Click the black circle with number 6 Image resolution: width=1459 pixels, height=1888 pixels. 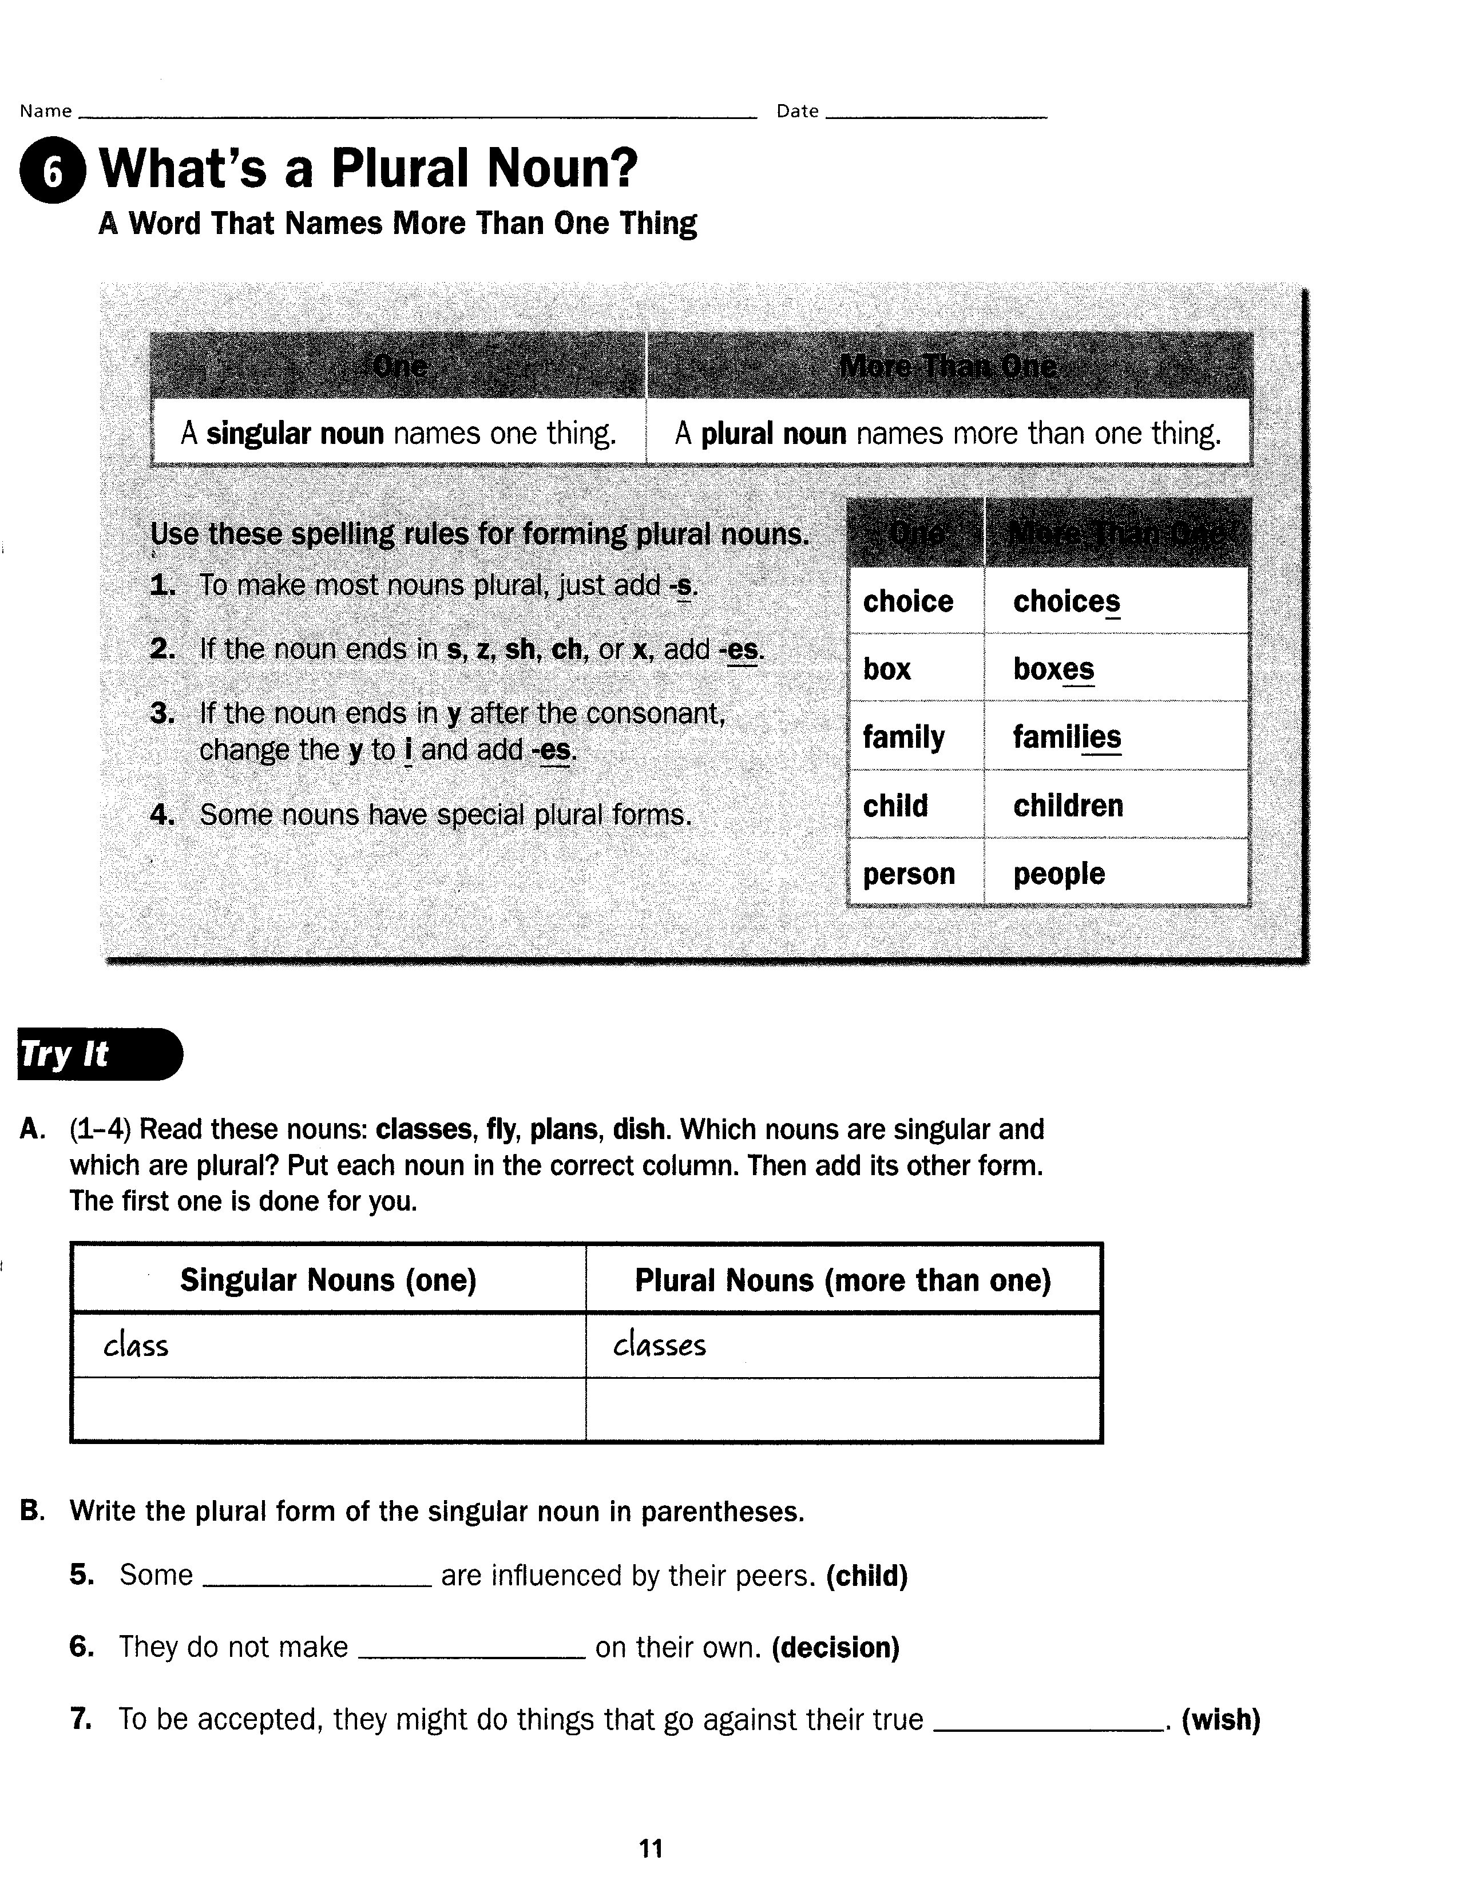[x=53, y=172]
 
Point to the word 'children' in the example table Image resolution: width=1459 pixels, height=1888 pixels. [x=1068, y=806]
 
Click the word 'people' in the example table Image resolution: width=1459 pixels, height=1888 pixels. [x=1059, y=874]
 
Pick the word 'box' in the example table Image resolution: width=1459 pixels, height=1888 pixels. [x=887, y=669]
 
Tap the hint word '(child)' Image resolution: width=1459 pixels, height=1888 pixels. [x=867, y=1576]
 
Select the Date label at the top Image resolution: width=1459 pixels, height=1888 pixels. [x=797, y=110]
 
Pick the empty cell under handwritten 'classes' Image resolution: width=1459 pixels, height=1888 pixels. [x=843, y=1410]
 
